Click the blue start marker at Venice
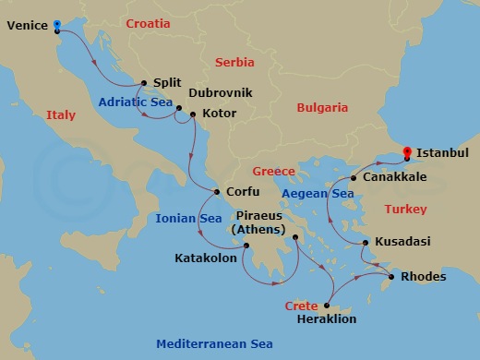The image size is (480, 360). tap(56, 27)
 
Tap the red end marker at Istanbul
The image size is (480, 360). tap(406, 153)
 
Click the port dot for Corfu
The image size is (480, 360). tap(217, 192)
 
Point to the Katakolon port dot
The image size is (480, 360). tap(246, 246)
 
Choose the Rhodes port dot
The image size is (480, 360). tap(392, 276)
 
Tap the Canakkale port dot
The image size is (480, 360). tap(354, 176)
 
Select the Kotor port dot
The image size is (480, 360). tap(192, 114)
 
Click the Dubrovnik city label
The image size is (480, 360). tap(220, 93)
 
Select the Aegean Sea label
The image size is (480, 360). tap(318, 194)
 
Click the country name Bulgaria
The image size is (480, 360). tap(321, 108)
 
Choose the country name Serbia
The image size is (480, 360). tap(234, 62)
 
